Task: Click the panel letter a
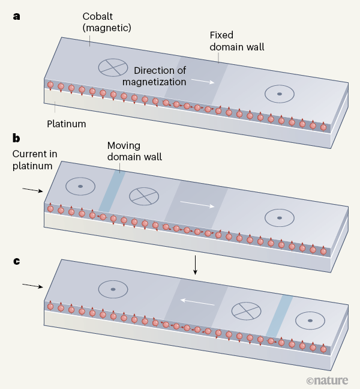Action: tap(16, 16)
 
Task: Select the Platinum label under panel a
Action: tap(67, 124)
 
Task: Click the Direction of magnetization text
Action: tap(160, 76)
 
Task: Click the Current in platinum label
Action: tap(34, 159)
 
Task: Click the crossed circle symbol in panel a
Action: tap(113, 67)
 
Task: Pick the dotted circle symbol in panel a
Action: tap(279, 94)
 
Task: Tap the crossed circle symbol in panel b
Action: tap(144, 196)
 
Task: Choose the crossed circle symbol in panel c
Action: tap(247, 310)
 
